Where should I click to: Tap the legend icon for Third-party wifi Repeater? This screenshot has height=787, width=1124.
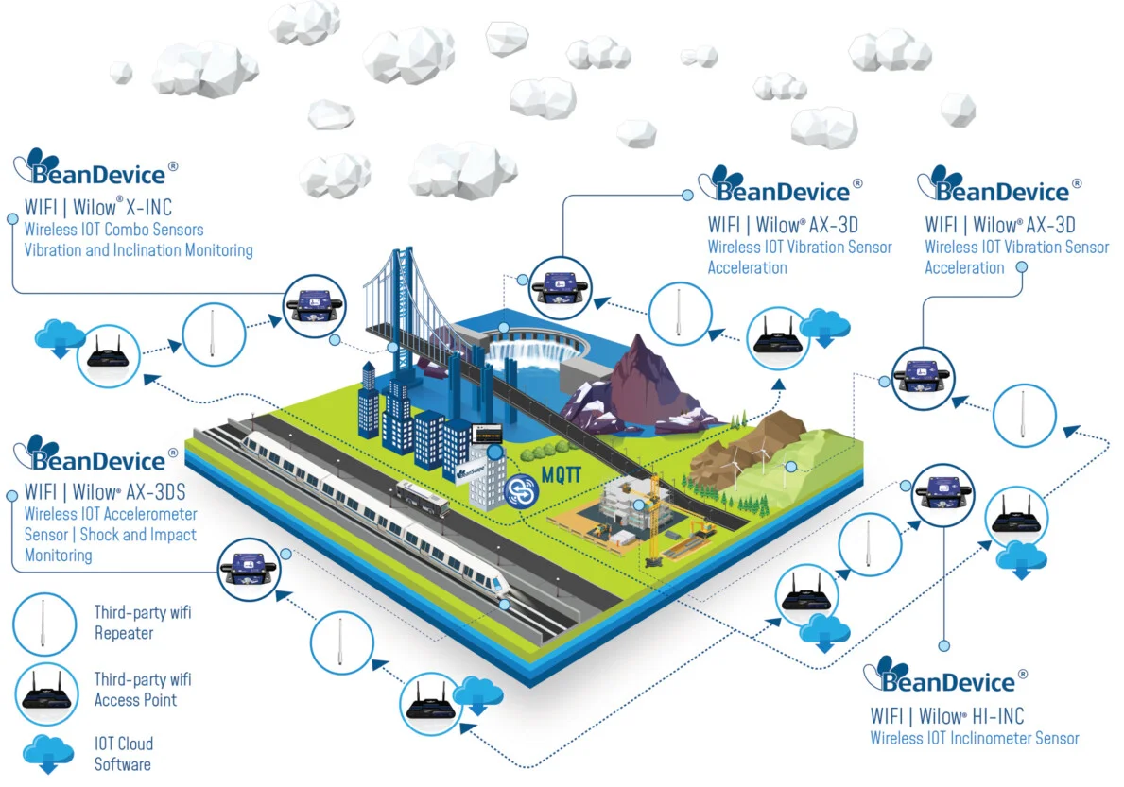[43, 624]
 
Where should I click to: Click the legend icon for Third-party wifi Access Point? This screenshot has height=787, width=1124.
[43, 693]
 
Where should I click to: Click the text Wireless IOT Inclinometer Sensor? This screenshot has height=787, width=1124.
[974, 738]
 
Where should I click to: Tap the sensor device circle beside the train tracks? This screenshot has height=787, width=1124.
[248, 570]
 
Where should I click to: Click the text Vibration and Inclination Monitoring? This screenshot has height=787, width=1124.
[138, 250]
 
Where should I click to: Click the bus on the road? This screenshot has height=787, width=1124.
[420, 498]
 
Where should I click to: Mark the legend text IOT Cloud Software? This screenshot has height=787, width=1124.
[123, 754]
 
